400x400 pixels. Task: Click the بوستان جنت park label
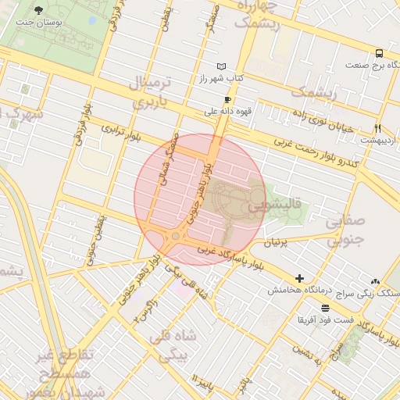39,23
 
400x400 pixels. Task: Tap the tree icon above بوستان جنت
39,10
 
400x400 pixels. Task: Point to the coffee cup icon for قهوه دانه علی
227,99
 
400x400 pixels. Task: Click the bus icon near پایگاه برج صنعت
379,54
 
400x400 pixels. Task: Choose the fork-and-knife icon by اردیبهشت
377,128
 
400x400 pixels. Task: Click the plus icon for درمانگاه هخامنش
299,278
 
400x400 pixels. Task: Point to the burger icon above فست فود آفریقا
325,308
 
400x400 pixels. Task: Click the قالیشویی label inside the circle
262,209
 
